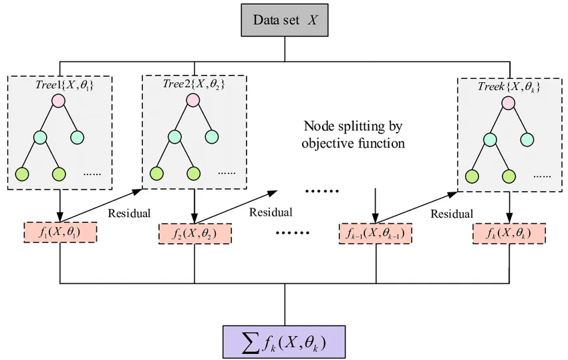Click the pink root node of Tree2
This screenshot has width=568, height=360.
point(192,100)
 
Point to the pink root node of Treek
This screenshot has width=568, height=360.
point(508,103)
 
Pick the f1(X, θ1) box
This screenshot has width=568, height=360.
point(60,233)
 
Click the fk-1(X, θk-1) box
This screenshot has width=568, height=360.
point(376,234)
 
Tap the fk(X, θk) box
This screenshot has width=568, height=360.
point(509,234)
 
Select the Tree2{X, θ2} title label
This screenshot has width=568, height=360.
point(194,84)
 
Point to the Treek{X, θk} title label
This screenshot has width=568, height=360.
point(509,87)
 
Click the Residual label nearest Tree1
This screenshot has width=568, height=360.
point(129,213)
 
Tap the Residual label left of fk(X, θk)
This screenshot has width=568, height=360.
point(452,214)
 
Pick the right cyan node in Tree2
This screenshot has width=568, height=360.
point(212,137)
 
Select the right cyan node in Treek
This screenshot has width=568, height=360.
point(527,140)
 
